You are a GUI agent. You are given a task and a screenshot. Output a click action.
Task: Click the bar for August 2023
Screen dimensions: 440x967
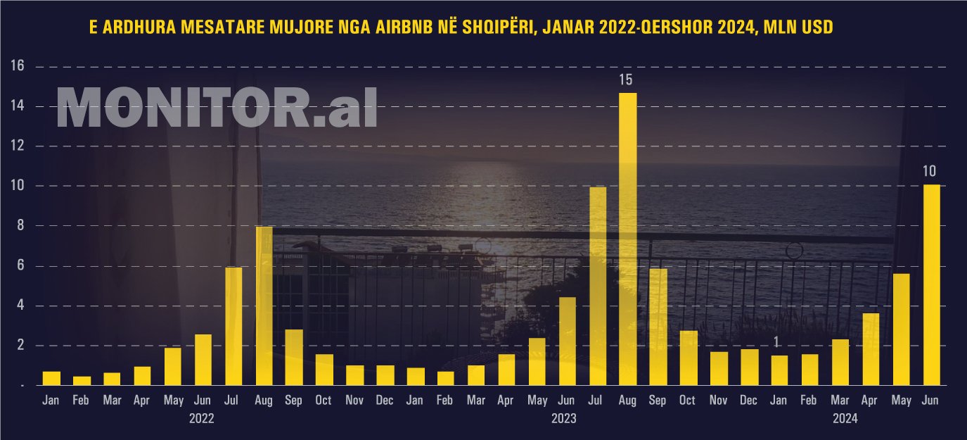[627, 239]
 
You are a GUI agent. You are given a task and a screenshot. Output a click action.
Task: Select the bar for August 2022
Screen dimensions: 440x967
[264, 306]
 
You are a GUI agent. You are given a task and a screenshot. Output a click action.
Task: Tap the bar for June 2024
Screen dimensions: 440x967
[931, 285]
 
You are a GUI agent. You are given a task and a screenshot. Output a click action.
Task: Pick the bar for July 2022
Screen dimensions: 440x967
[233, 326]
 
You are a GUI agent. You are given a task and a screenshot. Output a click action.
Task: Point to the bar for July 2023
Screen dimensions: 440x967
[597, 286]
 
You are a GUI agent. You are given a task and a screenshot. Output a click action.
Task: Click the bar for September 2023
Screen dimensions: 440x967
[658, 327]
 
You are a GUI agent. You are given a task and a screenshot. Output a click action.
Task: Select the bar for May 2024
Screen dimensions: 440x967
[901, 329]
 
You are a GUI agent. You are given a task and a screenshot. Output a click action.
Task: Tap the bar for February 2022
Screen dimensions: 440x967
[82, 381]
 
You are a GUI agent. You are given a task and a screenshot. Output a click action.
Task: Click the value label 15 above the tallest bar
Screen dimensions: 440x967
[626, 80]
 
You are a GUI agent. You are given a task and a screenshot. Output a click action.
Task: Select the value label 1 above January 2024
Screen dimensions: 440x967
[776, 342]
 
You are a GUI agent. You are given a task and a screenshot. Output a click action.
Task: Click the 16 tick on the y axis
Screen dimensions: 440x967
[18, 67]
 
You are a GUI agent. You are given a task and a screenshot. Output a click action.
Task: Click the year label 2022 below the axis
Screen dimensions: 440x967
[202, 418]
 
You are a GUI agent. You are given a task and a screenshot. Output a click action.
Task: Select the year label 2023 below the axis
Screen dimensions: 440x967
[563, 418]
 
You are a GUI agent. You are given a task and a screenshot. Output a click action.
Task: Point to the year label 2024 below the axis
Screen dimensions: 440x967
[845, 418]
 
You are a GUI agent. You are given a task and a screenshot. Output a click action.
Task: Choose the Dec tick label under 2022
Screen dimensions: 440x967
[385, 401]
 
